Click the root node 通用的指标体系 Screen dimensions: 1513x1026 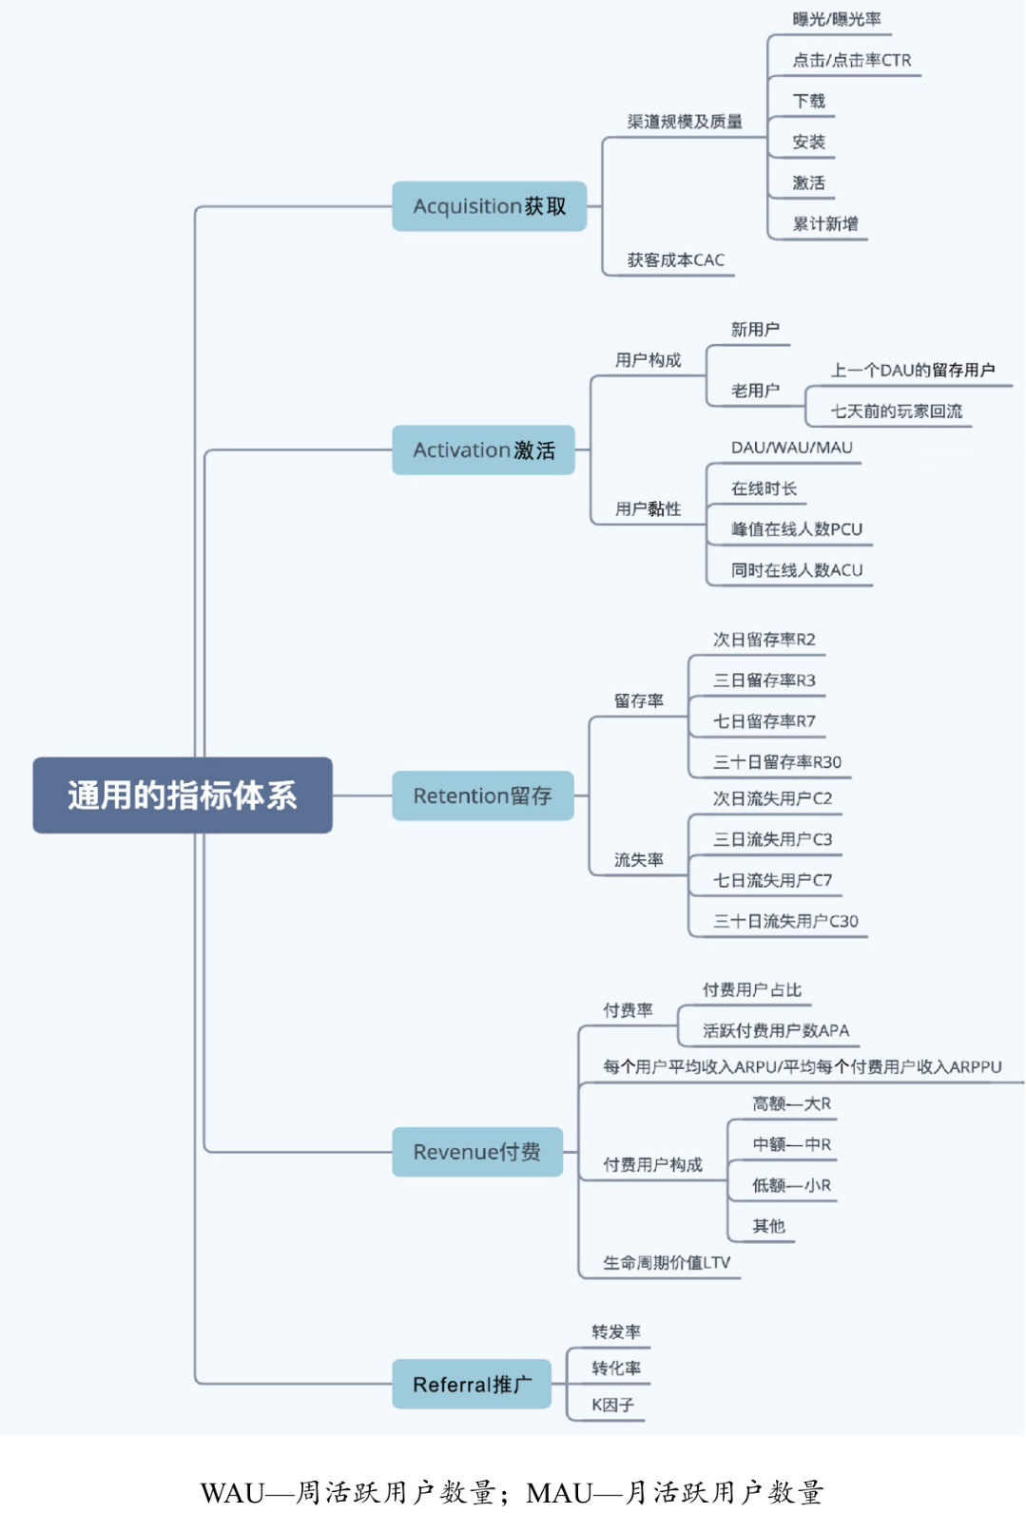click(x=183, y=795)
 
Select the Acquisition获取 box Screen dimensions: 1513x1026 click(x=489, y=206)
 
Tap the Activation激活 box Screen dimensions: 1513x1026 click(x=483, y=450)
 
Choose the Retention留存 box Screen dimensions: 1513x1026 click(x=482, y=795)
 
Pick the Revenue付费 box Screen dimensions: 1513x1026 click(x=476, y=1152)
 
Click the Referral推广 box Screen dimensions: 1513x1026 click(x=472, y=1384)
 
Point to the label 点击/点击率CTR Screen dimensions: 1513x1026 click(x=851, y=60)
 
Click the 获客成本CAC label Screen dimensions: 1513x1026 click(x=675, y=259)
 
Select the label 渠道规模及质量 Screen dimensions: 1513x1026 click(x=685, y=122)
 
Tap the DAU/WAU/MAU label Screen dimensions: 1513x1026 click(x=791, y=448)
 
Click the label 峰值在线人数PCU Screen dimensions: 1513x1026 click(x=797, y=529)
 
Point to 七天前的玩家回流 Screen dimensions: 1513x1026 click(x=896, y=412)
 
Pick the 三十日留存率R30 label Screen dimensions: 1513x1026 click(x=777, y=762)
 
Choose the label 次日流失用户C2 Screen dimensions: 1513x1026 click(x=772, y=798)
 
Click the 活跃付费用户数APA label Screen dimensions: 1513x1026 click(x=775, y=1030)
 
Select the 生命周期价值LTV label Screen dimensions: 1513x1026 click(x=667, y=1262)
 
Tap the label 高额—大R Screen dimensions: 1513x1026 click(x=791, y=1103)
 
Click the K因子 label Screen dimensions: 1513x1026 click(x=612, y=1405)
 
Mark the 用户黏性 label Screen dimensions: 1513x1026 click(x=648, y=508)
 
